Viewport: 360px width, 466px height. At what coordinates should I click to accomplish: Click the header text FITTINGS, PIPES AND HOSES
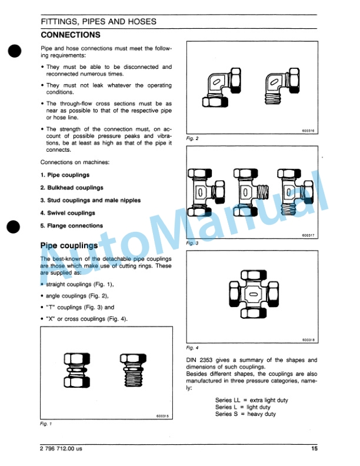[98, 21]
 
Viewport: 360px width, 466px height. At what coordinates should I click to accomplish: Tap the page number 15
[314, 450]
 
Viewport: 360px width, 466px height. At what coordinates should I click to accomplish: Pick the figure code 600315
[163, 416]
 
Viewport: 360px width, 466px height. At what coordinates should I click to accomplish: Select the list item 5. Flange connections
[71, 225]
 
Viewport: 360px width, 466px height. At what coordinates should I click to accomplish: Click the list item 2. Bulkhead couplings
[71, 188]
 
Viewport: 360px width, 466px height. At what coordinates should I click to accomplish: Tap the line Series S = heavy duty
[245, 414]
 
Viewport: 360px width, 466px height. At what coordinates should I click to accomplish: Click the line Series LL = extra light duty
[251, 401]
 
